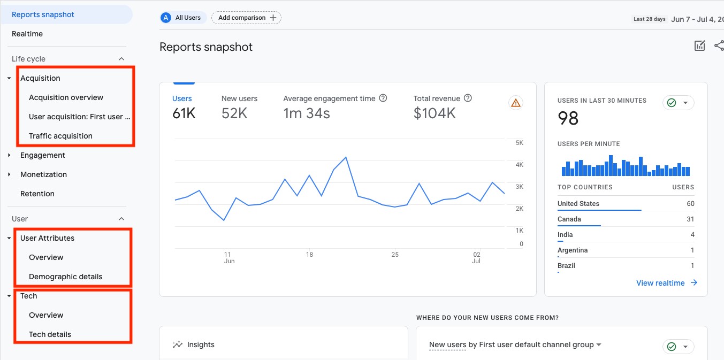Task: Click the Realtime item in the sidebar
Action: click(x=27, y=34)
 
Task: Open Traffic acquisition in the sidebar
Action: click(x=60, y=136)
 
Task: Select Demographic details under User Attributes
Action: click(x=65, y=277)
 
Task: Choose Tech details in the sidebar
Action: click(x=50, y=334)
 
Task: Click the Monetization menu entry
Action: click(x=43, y=174)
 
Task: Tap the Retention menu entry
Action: click(x=37, y=194)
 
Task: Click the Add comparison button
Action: click(x=246, y=18)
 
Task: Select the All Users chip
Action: click(x=181, y=18)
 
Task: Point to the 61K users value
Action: click(x=184, y=113)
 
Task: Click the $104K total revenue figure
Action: click(x=435, y=113)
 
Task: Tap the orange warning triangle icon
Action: click(x=516, y=103)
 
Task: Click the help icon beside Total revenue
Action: click(x=468, y=98)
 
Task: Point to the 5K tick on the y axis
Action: click(x=519, y=143)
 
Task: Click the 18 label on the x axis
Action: click(x=309, y=255)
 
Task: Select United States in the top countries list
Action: click(x=578, y=203)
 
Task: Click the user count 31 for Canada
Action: click(x=690, y=219)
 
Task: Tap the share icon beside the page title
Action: click(x=719, y=46)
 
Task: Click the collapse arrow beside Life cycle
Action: click(x=121, y=59)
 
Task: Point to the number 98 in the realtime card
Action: click(x=568, y=118)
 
